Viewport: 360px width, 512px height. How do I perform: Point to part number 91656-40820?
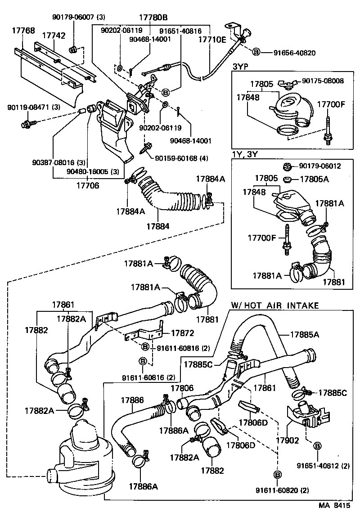pos(294,53)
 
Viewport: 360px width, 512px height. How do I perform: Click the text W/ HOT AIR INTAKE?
pos(275,305)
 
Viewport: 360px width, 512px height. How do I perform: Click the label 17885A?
pos(304,334)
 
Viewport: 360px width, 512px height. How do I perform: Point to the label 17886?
pos(132,399)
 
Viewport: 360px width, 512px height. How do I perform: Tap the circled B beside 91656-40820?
pos(256,53)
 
